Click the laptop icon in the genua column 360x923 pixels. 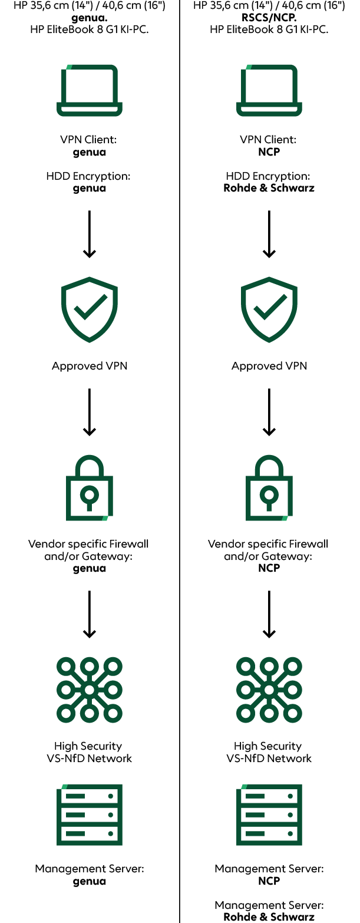pyautogui.click(x=90, y=91)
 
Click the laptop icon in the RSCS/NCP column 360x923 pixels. pyautogui.click(x=269, y=91)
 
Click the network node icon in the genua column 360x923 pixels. pyautogui.click(x=90, y=690)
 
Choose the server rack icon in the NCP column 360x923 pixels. pyautogui.click(x=269, y=815)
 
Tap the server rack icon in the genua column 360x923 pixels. pyautogui.click(x=90, y=815)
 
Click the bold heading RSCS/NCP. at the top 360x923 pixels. pyautogui.click(x=269, y=18)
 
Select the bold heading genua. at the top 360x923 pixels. pyautogui.click(x=90, y=18)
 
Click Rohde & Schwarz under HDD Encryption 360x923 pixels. pyautogui.click(x=269, y=189)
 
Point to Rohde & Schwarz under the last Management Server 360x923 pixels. pyautogui.click(x=269, y=917)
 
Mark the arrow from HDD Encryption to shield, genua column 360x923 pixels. pyautogui.click(x=90, y=234)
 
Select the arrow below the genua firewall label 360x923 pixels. pyautogui.click(x=90, y=614)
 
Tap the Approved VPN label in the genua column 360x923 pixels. pyautogui.click(x=90, y=366)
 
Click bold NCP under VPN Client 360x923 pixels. pyautogui.click(x=269, y=152)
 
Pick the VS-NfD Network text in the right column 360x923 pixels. pyautogui.click(x=269, y=759)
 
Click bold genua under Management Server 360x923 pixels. pyautogui.click(x=90, y=881)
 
